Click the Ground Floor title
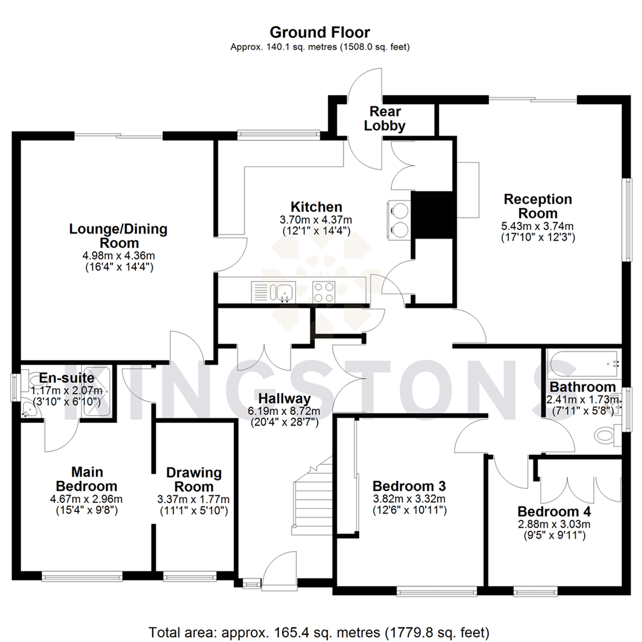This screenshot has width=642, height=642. (320, 32)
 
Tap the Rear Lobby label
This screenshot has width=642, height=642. (385, 118)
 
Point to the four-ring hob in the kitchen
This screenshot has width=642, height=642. (324, 292)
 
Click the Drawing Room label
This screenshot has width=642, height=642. (194, 479)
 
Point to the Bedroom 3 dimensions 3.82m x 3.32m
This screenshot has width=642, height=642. (408, 498)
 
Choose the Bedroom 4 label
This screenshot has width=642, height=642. (554, 512)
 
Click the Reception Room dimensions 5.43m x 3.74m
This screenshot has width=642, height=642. (538, 226)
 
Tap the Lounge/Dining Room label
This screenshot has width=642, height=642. (118, 235)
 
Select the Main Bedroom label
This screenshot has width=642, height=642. (87, 479)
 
